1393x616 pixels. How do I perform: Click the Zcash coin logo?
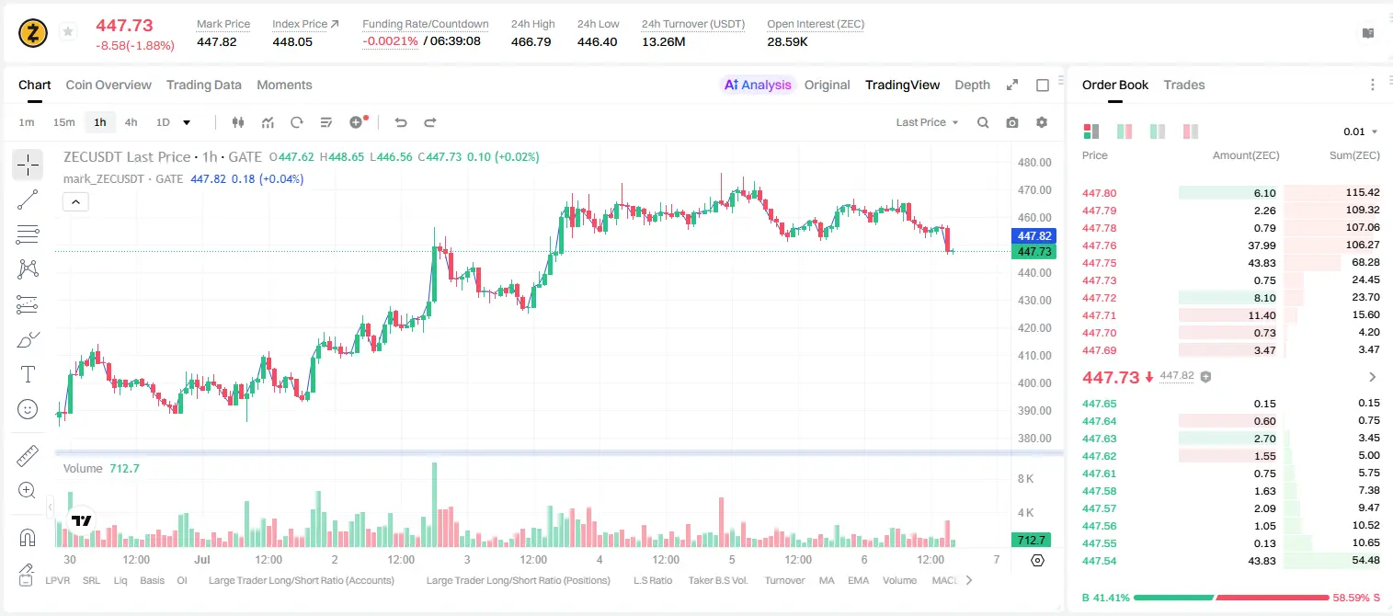[x=33, y=33]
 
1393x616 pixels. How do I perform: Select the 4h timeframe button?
[x=131, y=122]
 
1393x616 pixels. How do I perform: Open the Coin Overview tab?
[x=108, y=85]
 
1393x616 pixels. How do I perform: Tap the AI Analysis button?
[x=758, y=85]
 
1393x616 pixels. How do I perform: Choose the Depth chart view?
[x=972, y=85]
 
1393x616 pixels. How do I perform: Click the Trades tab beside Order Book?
[x=1184, y=85]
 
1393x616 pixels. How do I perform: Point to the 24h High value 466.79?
[x=531, y=41]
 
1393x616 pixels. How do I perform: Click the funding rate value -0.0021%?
[x=390, y=41]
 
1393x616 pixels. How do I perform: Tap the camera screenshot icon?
[x=1012, y=122]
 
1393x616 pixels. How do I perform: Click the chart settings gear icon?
[x=1042, y=122]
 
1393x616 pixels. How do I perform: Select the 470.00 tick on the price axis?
[x=1034, y=190]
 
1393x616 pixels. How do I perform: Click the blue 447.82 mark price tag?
[x=1034, y=236]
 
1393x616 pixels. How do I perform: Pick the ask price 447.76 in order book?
[x=1099, y=245]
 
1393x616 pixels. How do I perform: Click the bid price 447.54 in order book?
[x=1099, y=561]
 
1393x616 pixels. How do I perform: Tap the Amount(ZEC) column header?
[x=1246, y=155]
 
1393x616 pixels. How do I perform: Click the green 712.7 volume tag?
[x=1031, y=541]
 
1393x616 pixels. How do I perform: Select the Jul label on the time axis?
[x=201, y=559]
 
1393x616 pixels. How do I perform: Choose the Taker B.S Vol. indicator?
[x=717, y=580]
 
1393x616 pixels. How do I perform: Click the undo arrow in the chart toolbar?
[x=401, y=122]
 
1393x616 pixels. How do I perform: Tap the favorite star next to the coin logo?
[x=68, y=31]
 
